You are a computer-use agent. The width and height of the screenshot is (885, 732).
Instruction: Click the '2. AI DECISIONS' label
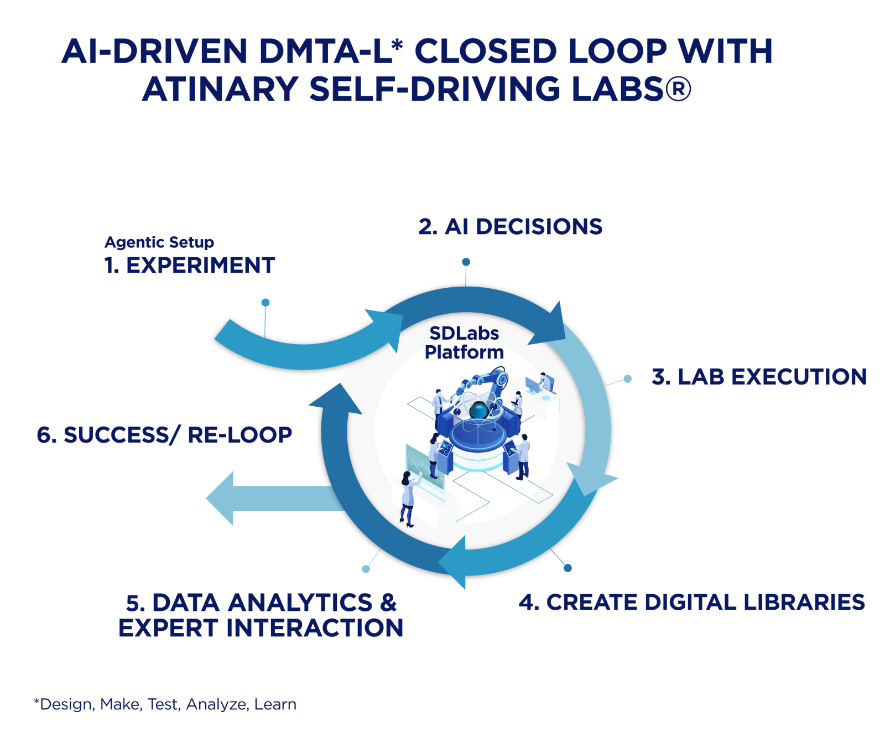pyautogui.click(x=510, y=227)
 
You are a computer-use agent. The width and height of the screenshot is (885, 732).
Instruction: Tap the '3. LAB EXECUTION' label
pyautogui.click(x=759, y=377)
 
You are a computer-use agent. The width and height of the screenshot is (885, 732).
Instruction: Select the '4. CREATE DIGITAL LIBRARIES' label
pyautogui.click(x=691, y=603)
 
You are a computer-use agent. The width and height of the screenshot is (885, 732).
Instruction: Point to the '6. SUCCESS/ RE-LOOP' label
pyautogui.click(x=164, y=435)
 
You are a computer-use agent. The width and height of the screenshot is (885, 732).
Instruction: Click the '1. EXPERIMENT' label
pyautogui.click(x=190, y=266)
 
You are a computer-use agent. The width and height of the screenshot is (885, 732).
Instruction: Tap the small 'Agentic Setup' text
pyautogui.click(x=159, y=242)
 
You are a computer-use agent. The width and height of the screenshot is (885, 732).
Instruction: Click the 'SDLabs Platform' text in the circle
pyautogui.click(x=464, y=342)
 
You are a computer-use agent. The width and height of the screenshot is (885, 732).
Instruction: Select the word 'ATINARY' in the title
pyautogui.click(x=220, y=89)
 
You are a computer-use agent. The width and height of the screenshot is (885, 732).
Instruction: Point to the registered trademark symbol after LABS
pyautogui.click(x=679, y=89)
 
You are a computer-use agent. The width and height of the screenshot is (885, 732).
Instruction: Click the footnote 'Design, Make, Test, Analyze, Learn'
pyautogui.click(x=166, y=704)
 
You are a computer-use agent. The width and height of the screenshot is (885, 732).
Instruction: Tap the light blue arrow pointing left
pyautogui.click(x=265, y=498)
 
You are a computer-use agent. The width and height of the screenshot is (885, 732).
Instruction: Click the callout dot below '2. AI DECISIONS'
pyautogui.click(x=466, y=262)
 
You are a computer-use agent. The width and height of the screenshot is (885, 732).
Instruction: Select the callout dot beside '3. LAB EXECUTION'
pyautogui.click(x=627, y=379)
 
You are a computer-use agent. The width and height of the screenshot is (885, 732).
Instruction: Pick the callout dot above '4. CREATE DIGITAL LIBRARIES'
pyautogui.click(x=568, y=568)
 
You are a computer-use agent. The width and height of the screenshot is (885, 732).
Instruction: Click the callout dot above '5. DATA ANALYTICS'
pyautogui.click(x=365, y=569)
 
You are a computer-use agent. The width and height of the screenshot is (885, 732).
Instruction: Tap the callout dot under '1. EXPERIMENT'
pyautogui.click(x=265, y=302)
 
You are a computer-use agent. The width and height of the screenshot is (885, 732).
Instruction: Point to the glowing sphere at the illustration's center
pyautogui.click(x=477, y=410)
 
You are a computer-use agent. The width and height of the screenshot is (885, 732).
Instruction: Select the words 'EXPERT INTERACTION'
pyautogui.click(x=261, y=628)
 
